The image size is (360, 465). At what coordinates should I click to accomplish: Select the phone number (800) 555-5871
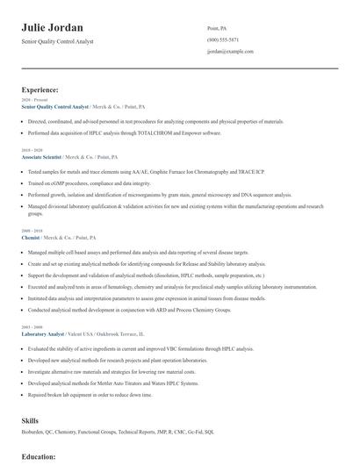click(224, 40)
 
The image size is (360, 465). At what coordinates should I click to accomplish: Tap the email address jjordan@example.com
click(230, 52)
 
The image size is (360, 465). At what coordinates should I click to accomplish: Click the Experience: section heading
click(40, 89)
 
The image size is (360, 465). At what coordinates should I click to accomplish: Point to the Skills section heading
click(30, 420)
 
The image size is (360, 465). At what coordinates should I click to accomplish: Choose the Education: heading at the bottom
click(39, 456)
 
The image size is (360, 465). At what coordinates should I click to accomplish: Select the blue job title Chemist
click(31, 238)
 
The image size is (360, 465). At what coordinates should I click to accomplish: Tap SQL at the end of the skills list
click(210, 432)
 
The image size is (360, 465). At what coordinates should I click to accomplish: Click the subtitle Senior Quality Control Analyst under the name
click(57, 41)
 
